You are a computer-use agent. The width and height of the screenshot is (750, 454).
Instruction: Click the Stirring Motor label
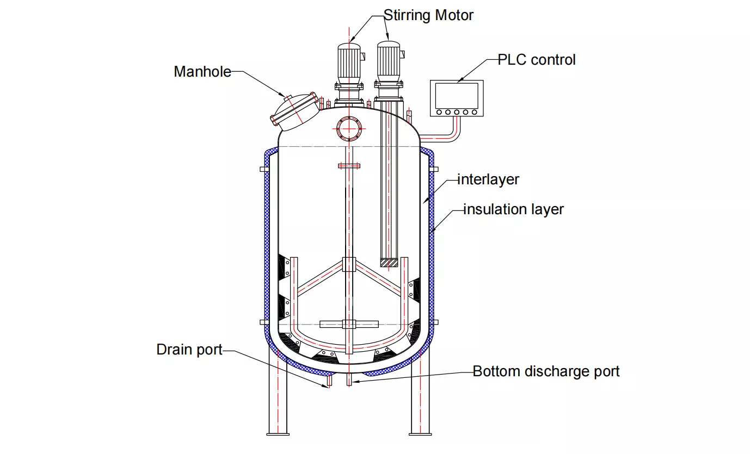click(428, 15)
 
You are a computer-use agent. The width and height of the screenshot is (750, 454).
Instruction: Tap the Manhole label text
click(202, 71)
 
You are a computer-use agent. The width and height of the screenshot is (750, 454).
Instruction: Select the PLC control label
click(536, 59)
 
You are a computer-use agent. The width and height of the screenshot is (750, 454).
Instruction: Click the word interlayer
click(488, 179)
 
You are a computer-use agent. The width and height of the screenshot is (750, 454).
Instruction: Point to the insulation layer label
click(513, 209)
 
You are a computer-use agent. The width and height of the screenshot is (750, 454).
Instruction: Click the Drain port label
click(189, 349)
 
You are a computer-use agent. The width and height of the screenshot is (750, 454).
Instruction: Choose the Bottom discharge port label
click(546, 371)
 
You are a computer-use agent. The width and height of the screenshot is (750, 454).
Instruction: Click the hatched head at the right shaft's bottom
click(389, 262)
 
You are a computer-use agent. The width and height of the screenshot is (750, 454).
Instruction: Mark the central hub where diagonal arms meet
click(348, 264)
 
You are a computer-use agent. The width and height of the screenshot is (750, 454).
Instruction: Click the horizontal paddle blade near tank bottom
click(348, 325)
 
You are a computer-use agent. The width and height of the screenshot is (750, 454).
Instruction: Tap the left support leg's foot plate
click(278, 433)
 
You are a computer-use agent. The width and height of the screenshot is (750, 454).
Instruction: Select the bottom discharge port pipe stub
click(348, 380)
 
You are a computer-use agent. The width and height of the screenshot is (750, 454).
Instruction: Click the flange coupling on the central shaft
click(348, 166)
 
